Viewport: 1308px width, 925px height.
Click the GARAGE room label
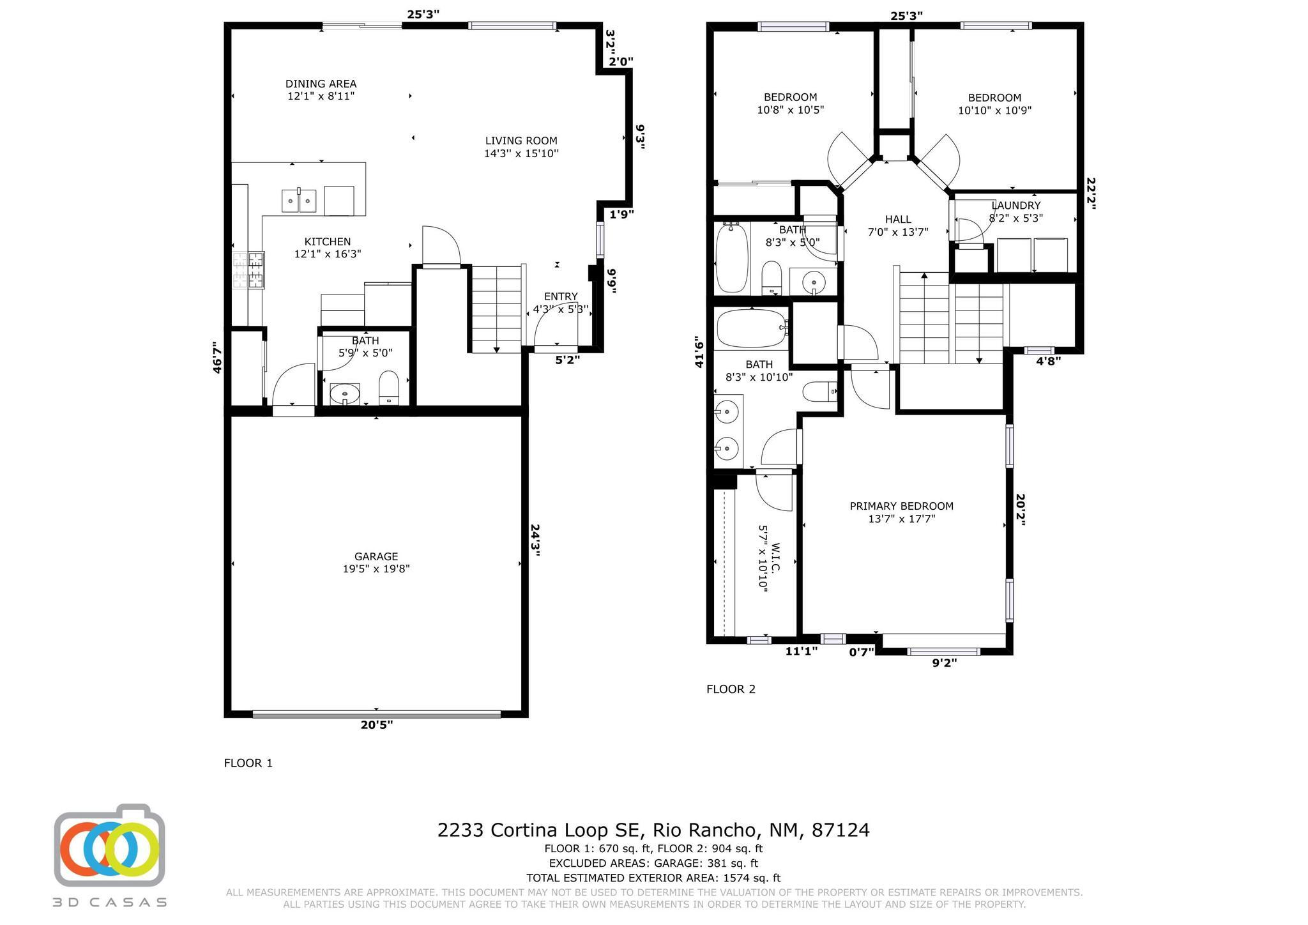tap(376, 556)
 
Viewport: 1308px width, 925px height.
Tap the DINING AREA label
tap(321, 84)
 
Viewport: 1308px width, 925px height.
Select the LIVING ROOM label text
tap(521, 141)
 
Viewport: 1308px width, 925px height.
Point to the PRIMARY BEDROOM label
tap(901, 506)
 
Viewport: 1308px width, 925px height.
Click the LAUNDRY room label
tap(1016, 205)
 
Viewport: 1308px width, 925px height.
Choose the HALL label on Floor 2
tap(898, 219)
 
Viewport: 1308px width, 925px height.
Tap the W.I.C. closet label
tap(776, 558)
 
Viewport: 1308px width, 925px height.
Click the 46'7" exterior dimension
tap(217, 357)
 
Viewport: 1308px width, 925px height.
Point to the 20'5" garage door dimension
tap(376, 724)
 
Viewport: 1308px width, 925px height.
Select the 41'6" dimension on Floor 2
tap(699, 352)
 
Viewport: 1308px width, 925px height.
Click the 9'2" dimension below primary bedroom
tap(945, 663)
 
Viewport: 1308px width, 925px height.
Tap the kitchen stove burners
tap(248, 270)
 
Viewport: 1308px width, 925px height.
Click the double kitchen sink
tap(299, 200)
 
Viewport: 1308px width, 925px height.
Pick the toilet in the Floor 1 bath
tap(389, 388)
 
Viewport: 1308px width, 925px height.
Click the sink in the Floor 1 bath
tap(345, 394)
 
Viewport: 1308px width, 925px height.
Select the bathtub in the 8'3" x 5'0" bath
tap(732, 258)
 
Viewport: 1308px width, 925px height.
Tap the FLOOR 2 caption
tap(731, 689)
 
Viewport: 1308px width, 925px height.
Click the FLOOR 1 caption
tap(248, 763)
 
